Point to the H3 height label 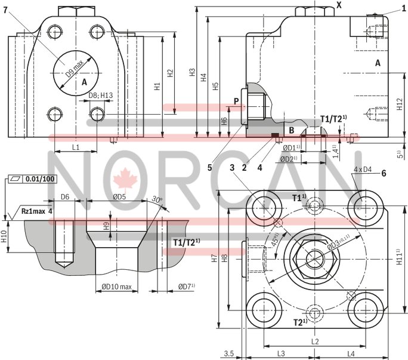[x=192, y=72]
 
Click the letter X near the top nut [x=339, y=5]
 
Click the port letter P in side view [x=236, y=101]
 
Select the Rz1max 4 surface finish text [x=36, y=211]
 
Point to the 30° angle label [x=157, y=199]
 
